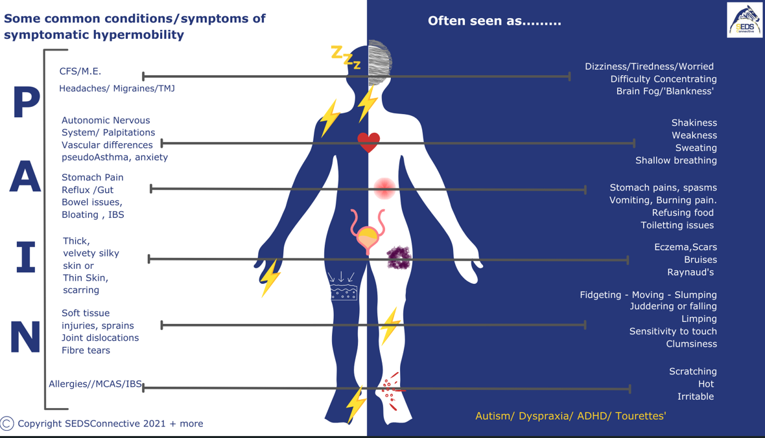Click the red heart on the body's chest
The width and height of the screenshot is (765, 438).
tap(368, 142)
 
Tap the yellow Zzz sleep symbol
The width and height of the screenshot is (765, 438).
tap(346, 57)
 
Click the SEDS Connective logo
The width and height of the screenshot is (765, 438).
tap(745, 20)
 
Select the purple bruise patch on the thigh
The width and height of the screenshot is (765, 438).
tap(399, 257)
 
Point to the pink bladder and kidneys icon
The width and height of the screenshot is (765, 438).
tap(367, 231)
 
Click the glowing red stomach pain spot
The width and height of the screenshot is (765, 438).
tap(384, 188)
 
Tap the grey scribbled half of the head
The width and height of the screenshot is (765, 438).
tap(380, 63)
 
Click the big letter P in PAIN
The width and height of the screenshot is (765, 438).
tap(27, 104)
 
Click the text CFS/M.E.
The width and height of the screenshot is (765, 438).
tap(80, 71)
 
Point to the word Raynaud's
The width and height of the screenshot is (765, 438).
tap(692, 272)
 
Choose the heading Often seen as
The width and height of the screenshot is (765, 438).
tap(494, 21)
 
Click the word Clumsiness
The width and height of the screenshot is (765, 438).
tap(691, 344)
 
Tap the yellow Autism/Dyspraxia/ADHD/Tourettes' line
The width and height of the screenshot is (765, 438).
tap(571, 416)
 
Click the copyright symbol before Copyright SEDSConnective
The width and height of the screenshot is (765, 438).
tap(7, 424)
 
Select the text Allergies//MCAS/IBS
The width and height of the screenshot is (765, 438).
tap(95, 384)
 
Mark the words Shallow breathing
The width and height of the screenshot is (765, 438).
tap(676, 161)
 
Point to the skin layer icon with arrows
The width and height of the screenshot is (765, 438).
tap(343, 286)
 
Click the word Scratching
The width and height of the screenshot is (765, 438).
tap(692, 371)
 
